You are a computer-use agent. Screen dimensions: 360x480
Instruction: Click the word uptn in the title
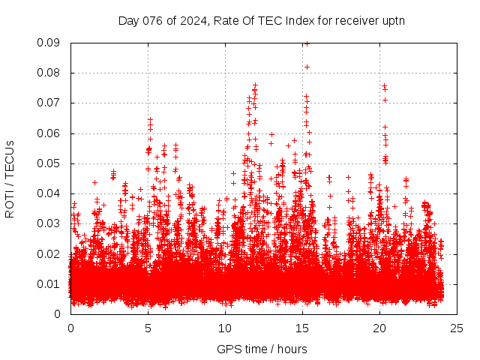click(x=393, y=20)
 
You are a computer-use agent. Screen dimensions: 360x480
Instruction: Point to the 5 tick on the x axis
click(x=148, y=328)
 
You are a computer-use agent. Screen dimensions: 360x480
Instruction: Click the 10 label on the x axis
click(x=225, y=328)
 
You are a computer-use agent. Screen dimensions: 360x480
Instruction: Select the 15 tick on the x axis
click(x=302, y=328)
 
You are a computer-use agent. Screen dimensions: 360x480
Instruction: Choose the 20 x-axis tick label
click(x=379, y=328)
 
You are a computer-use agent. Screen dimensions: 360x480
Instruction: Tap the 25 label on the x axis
click(x=457, y=328)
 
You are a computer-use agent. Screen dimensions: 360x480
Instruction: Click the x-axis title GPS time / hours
click(x=262, y=349)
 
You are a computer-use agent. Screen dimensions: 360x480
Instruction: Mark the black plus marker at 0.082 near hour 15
click(x=307, y=67)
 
